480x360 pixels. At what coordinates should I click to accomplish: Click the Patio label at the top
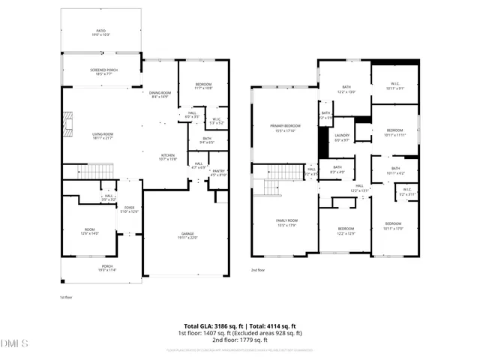100,33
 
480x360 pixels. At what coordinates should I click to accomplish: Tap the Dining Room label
160,94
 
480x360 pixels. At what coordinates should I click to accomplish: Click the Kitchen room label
167,157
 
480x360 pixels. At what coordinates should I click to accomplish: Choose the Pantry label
218,172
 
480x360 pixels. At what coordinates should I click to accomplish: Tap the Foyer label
130,209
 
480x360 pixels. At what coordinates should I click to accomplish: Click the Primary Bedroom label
286,128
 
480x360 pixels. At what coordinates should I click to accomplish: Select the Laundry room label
342,138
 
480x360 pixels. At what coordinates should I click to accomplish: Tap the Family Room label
286,222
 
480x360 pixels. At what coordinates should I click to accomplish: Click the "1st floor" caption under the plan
65,298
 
